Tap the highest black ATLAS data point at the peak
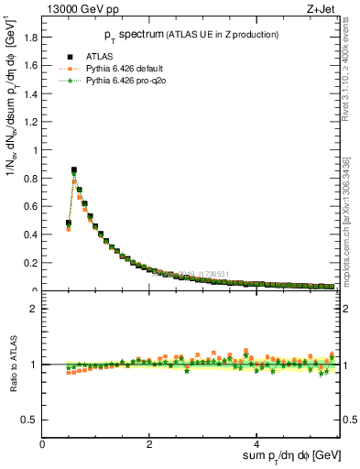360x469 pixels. point(74,169)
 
